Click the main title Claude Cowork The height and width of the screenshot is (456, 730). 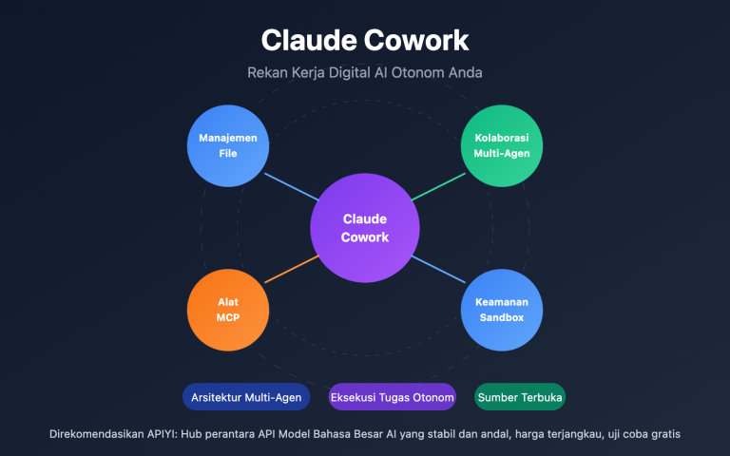click(365, 41)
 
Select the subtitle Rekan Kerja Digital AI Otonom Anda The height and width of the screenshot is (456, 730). click(365, 72)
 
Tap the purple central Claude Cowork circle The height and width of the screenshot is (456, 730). click(365, 228)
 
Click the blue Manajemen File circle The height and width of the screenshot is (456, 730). click(228, 145)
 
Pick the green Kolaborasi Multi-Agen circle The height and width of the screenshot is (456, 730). click(502, 145)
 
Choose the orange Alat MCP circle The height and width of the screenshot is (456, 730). click(228, 310)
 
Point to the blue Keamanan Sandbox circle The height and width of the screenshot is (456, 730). click(502, 310)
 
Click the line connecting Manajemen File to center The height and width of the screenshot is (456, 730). click(291, 185)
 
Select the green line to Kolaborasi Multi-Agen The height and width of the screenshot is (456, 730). click(438, 185)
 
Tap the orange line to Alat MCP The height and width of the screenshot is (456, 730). click(291, 270)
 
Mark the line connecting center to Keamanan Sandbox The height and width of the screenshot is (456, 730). click(438, 270)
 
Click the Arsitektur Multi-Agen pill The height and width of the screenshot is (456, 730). click(247, 397)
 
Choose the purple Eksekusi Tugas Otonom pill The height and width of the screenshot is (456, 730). click(392, 397)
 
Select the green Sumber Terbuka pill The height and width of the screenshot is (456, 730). click(520, 397)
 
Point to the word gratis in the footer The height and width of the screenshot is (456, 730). click(663, 434)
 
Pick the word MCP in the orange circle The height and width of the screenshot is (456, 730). click(228, 317)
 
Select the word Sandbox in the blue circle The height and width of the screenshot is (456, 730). click(502, 317)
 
